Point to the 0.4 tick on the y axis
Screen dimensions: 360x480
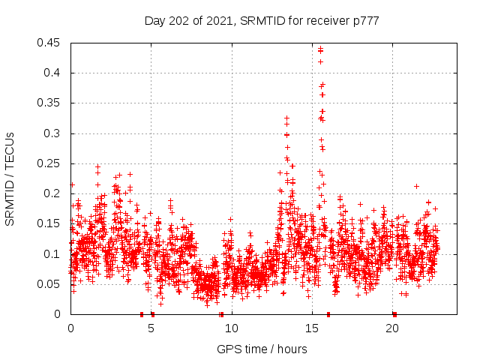tap(55, 73)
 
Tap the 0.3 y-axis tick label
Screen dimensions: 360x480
tap(55, 133)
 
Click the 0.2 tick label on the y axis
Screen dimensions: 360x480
tap(55, 193)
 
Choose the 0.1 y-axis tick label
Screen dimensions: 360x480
tap(55, 254)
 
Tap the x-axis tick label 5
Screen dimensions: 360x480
tap(151, 328)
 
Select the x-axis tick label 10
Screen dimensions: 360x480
tap(232, 328)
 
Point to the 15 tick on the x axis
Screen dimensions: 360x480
tap(312, 328)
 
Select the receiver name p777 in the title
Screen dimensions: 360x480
tap(364, 21)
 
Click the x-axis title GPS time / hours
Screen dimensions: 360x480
tap(262, 349)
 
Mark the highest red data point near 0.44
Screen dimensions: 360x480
tap(320, 49)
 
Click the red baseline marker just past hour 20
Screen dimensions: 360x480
tap(394, 314)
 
